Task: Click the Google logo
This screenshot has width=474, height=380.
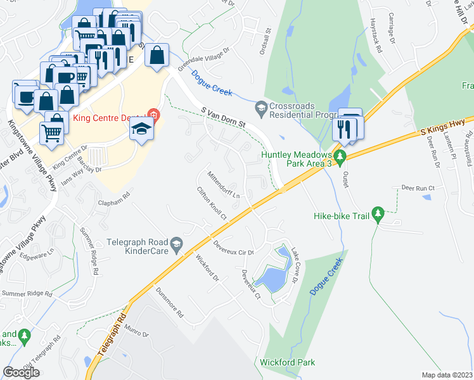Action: coord(21,372)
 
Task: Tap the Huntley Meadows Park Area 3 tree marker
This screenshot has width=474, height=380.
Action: coord(340,156)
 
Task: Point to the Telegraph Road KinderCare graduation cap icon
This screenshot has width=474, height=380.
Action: coord(178,244)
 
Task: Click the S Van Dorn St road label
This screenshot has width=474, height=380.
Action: coord(222,118)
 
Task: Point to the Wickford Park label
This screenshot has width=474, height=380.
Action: coord(287,363)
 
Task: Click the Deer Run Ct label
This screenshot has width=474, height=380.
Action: coord(418,188)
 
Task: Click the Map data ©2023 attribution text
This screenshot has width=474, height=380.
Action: coord(447,375)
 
